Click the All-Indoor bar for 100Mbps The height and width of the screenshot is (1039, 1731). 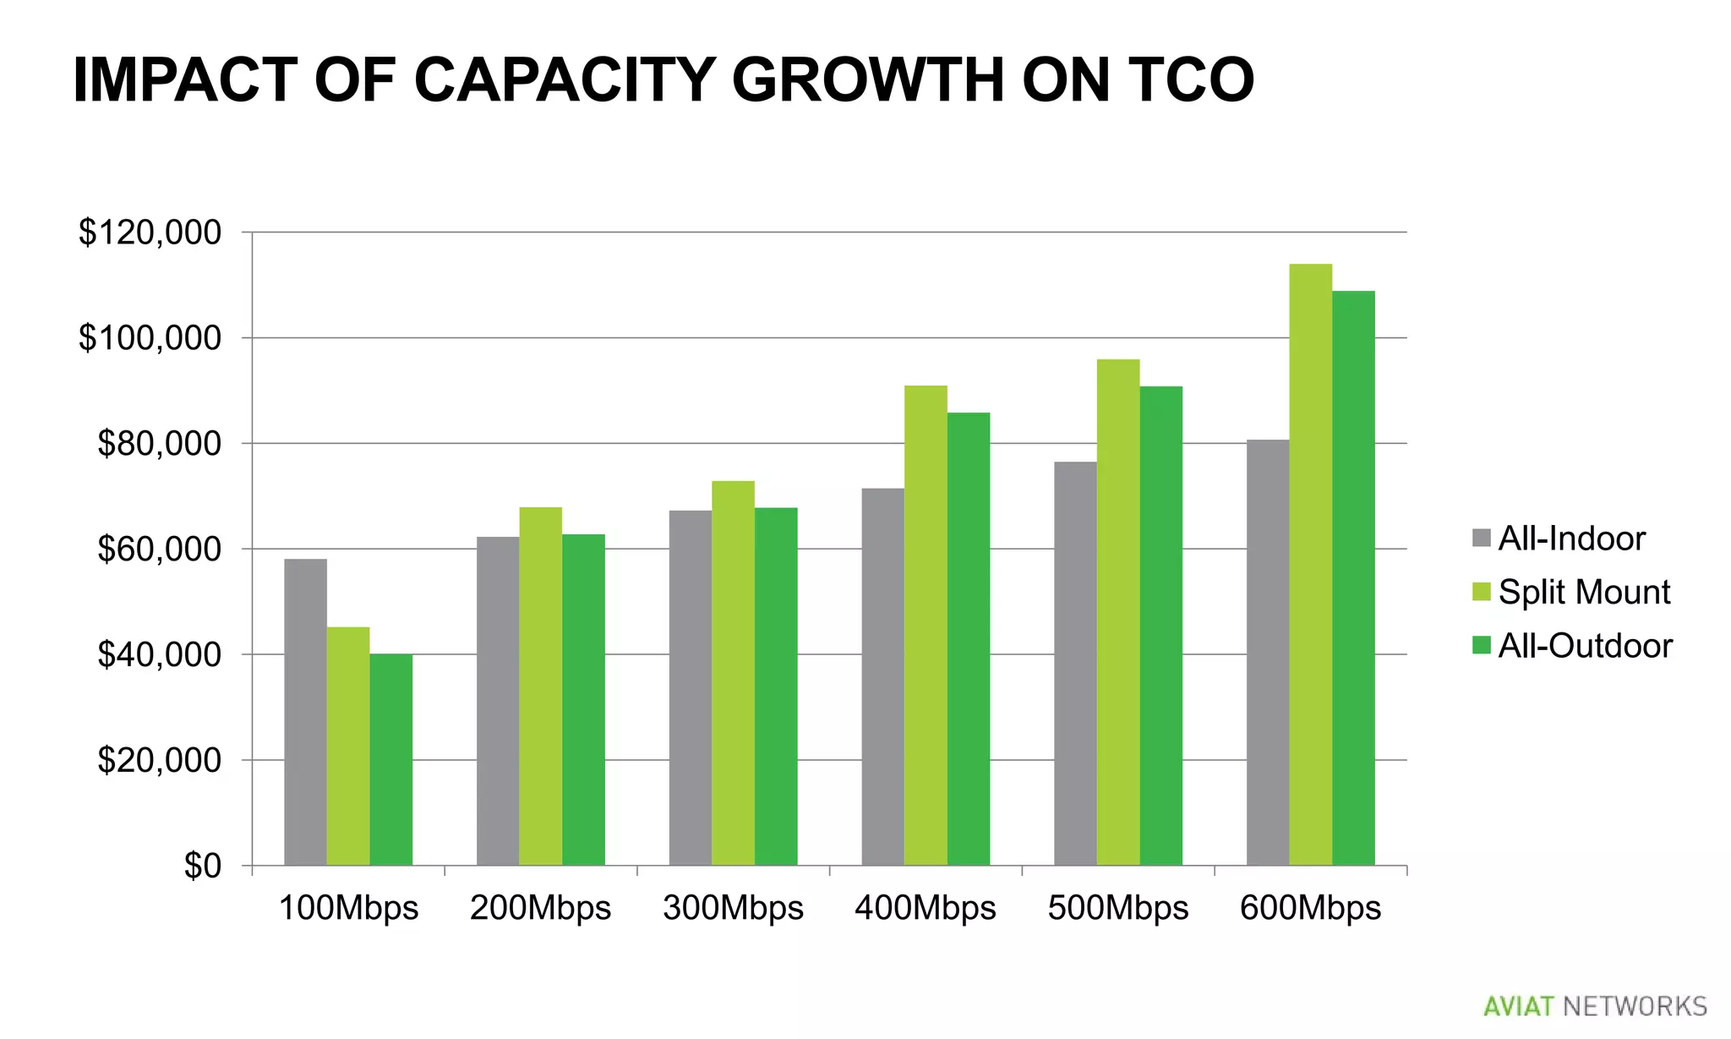305,712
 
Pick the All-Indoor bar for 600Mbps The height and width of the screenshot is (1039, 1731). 1268,653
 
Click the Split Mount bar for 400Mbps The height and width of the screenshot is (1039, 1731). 926,626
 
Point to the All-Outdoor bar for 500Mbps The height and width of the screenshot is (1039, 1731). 1160,626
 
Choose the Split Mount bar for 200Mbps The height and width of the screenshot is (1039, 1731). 540,686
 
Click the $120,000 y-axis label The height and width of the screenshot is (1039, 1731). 150,232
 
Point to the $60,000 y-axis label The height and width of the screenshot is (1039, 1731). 159,550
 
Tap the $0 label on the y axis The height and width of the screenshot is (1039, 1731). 203,866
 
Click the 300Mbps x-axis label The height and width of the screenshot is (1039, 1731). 733,908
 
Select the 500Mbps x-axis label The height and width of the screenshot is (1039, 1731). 1117,908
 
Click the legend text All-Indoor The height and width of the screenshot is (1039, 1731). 1571,539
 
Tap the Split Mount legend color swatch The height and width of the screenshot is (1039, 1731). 1481,592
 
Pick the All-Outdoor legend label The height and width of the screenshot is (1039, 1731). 1585,646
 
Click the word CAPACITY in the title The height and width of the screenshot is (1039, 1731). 565,80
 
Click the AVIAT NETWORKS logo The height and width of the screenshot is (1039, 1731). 1595,1006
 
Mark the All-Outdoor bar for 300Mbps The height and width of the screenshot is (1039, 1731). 775,686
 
